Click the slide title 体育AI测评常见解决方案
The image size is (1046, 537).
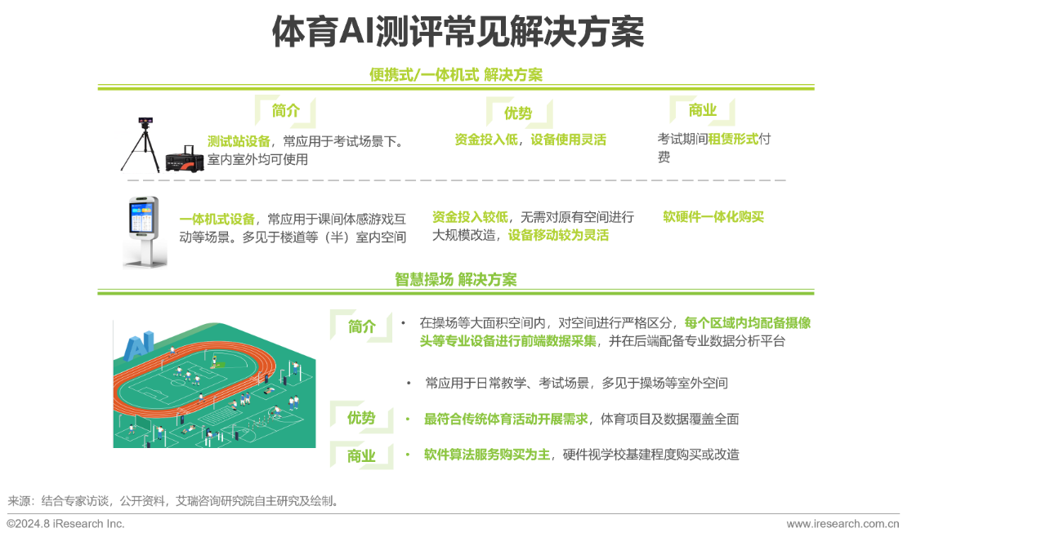click(458, 33)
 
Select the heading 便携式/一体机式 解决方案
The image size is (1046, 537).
click(455, 75)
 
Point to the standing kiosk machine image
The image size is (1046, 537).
click(145, 233)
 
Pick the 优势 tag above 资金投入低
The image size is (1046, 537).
click(518, 113)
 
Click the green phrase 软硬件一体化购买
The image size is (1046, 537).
click(713, 217)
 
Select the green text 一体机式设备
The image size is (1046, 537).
click(217, 219)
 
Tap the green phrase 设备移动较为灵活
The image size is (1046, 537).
click(558, 235)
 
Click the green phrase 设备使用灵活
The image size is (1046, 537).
click(568, 140)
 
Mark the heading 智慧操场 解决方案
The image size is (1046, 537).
click(455, 279)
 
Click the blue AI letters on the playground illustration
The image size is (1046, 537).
click(138, 344)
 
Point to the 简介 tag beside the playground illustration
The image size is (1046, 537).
click(361, 326)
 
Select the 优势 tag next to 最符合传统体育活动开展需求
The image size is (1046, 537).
click(360, 418)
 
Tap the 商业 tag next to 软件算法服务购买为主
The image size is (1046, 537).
click(360, 455)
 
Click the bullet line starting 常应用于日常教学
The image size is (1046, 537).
click(576, 383)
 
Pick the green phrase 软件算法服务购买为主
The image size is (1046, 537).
click(487, 455)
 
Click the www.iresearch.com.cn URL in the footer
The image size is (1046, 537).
click(843, 524)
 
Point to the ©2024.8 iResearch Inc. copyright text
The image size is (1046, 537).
click(65, 524)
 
